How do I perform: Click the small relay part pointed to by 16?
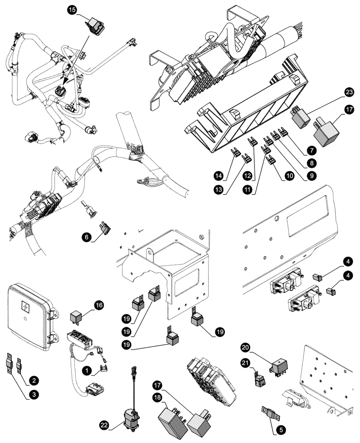click(x=76, y=318)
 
